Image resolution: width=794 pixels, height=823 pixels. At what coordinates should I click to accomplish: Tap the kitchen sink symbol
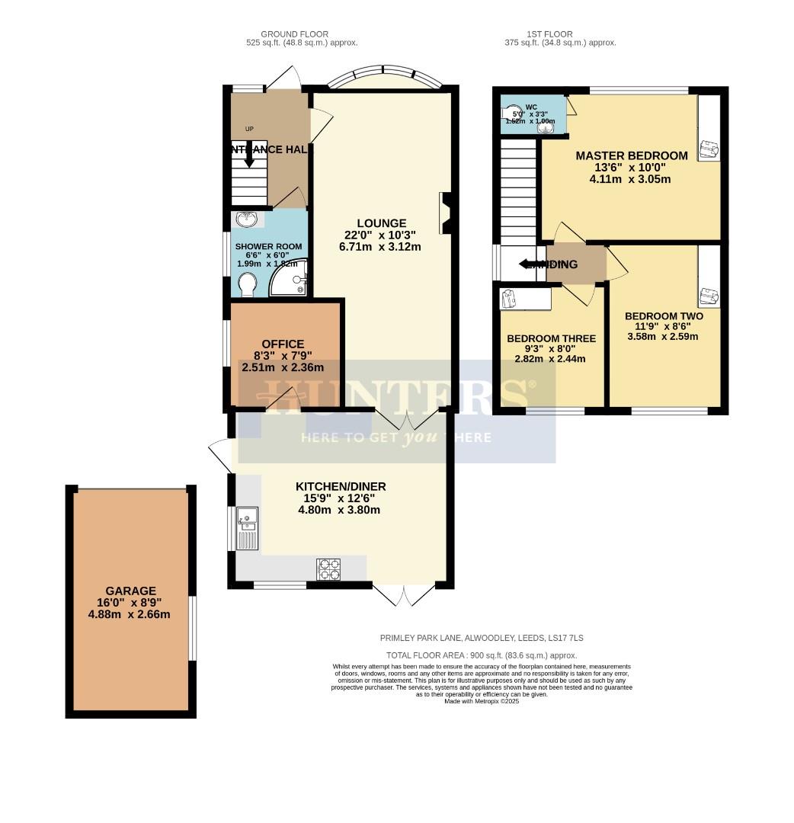click(248, 527)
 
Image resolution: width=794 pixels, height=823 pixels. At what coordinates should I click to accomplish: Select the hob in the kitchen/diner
click(328, 569)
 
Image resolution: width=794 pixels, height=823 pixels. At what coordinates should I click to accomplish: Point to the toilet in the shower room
click(248, 285)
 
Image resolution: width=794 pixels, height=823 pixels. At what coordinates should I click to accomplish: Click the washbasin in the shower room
click(247, 220)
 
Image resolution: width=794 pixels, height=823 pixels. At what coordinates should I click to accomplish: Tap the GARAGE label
click(130, 591)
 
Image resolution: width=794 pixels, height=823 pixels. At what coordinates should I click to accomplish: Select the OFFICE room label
click(283, 344)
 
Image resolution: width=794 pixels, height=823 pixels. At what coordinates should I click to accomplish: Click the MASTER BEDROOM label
click(631, 155)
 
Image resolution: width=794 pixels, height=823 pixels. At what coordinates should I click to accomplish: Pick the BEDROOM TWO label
click(663, 316)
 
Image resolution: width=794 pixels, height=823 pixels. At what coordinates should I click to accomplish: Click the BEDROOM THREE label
click(551, 338)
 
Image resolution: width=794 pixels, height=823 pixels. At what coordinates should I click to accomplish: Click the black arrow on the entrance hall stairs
click(249, 160)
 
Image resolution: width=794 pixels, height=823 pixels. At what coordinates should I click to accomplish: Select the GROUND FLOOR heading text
click(294, 34)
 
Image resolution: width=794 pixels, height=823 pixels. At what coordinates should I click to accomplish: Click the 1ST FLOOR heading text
click(549, 34)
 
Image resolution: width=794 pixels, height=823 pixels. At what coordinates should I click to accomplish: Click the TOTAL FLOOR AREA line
click(482, 655)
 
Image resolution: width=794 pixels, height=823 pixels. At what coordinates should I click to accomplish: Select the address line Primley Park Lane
click(482, 638)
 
